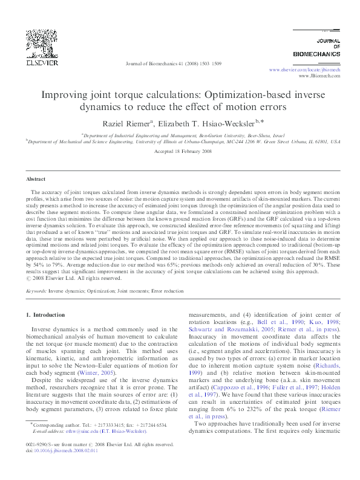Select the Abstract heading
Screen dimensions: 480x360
pos(36,180)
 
